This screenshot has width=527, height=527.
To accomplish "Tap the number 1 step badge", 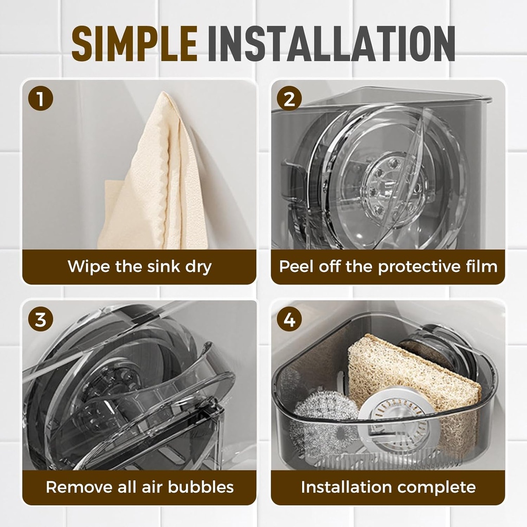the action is (41, 98).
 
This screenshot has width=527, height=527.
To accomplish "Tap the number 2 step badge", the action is (289, 98).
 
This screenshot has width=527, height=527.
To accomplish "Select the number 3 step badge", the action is (41, 319).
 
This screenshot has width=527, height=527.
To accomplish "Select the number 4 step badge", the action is (289, 319).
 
